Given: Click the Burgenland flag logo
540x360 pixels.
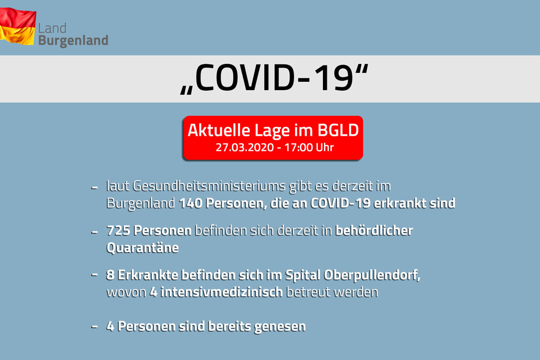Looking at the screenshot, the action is tap(18, 26).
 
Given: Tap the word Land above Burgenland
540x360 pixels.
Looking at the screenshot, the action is tap(52, 28).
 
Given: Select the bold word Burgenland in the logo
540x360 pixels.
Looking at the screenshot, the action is tap(73, 41).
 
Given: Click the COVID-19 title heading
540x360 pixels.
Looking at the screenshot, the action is tap(275, 79).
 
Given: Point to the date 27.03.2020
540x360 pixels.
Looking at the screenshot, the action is tap(244, 147).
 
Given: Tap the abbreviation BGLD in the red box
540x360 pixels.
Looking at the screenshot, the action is tap(338, 130).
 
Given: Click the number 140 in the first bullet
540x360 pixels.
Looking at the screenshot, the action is tap(190, 203).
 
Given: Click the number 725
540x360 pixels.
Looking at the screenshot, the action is tap(118, 231).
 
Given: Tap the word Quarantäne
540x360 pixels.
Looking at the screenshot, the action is tap(143, 248).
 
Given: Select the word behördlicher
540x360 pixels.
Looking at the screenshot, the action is tap(374, 231).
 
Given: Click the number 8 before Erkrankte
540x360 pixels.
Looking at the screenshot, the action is tap(110, 275).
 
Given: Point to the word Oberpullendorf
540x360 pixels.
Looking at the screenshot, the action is tap(372, 275).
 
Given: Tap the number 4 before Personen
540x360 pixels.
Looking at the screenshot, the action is tap(110, 326).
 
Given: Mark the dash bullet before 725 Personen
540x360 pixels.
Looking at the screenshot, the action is tap(94, 232).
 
